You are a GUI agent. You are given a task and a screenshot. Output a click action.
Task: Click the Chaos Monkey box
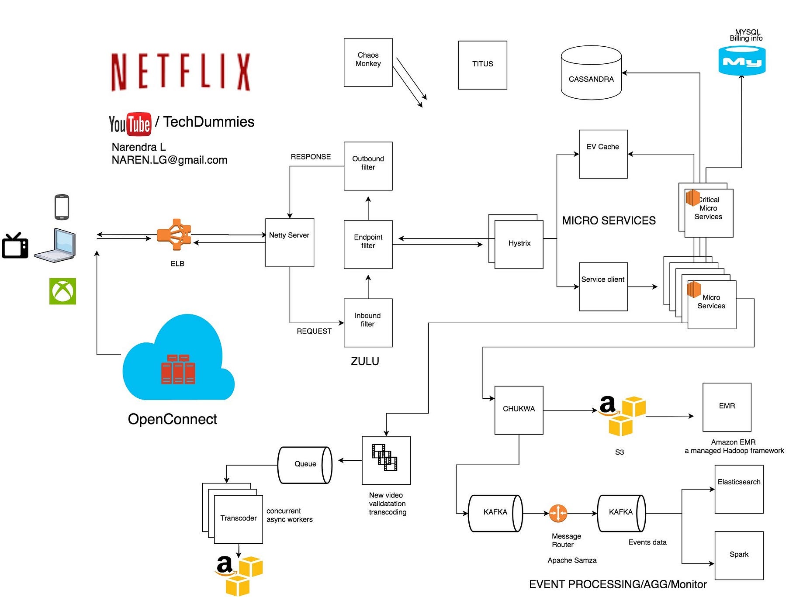(x=368, y=62)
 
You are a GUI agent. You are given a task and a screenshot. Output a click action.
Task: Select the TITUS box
(x=482, y=65)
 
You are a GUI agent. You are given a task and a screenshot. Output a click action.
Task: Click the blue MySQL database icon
(x=741, y=61)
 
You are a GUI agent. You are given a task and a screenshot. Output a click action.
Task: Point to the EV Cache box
(x=603, y=154)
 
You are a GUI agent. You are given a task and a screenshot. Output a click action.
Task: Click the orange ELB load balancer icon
(x=175, y=235)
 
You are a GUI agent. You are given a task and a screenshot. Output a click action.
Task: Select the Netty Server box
(x=289, y=242)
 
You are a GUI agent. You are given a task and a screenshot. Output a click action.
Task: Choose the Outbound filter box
(x=368, y=166)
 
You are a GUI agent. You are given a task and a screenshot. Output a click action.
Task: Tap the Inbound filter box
(x=368, y=323)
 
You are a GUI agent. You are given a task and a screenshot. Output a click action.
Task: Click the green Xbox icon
(x=62, y=291)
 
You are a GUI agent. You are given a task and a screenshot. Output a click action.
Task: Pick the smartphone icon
(x=62, y=207)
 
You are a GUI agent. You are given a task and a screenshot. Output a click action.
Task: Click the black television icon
(x=15, y=246)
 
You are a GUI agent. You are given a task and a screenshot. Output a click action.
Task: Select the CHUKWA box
(x=519, y=410)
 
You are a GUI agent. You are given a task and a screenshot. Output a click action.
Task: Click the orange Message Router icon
(x=558, y=513)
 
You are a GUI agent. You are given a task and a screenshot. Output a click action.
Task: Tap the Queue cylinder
(x=305, y=465)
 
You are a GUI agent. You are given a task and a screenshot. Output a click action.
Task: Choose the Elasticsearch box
(x=739, y=489)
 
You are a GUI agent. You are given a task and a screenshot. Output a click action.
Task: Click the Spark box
(x=739, y=555)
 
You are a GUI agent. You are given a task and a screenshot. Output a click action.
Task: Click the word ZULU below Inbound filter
(x=365, y=361)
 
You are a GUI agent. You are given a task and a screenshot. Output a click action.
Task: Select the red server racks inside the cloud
(x=178, y=369)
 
